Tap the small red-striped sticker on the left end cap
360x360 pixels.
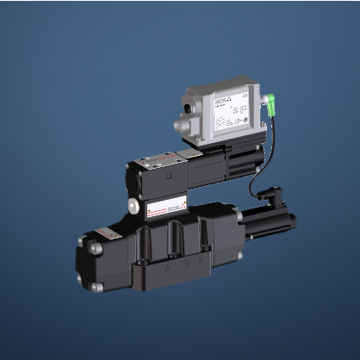[107, 235]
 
